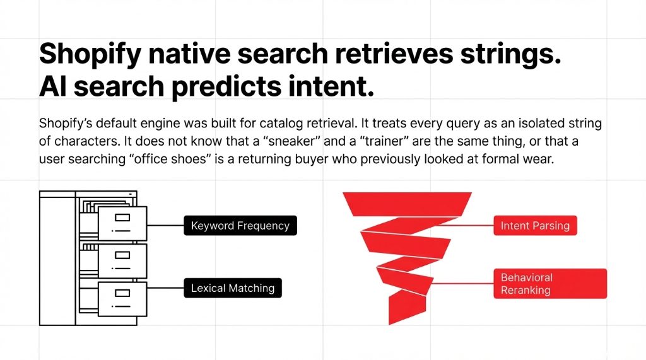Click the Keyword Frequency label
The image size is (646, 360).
click(240, 226)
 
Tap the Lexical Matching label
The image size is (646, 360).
click(233, 288)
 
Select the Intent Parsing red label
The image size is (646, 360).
click(534, 226)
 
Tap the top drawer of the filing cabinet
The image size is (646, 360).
click(122, 222)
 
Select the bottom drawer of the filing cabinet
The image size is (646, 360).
click(122, 298)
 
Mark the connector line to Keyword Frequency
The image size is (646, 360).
click(165, 225)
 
